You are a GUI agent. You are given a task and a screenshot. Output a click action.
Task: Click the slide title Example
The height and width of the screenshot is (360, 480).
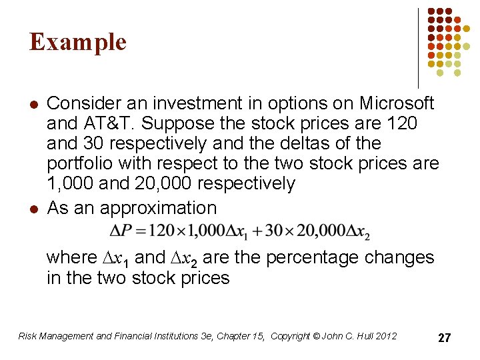pos(77,42)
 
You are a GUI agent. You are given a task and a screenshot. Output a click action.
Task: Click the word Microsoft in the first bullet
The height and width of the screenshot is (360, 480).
pos(397,103)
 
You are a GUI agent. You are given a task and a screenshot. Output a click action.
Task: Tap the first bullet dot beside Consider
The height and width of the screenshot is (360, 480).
pos(33,104)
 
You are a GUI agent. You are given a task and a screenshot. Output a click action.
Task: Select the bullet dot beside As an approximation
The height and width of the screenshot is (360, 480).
pos(33,209)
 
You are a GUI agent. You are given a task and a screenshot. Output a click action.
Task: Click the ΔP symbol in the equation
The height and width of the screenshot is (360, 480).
pos(121,231)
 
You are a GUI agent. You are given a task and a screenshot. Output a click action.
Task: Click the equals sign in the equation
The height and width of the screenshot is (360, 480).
pos(141,231)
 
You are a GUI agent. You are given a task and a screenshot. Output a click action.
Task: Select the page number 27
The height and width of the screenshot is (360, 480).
pos(444,338)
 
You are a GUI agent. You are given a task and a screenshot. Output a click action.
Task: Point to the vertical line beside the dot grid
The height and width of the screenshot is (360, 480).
pos(418,47)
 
